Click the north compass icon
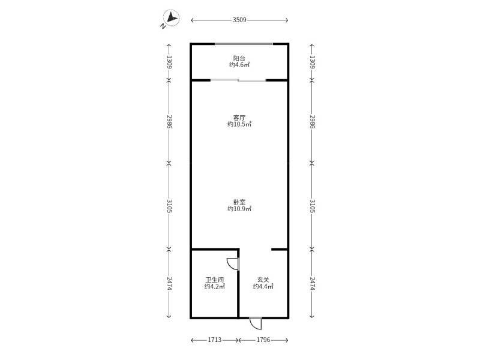pyautogui.click(x=171, y=18)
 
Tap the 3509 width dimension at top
pyautogui.click(x=239, y=20)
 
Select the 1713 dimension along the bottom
pyautogui.click(x=215, y=340)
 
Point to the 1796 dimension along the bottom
pyautogui.click(x=263, y=340)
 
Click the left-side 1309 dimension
pyautogui.click(x=169, y=62)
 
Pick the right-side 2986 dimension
pyautogui.click(x=312, y=122)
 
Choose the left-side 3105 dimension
pyautogui.click(x=169, y=206)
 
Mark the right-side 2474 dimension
pyautogui.click(x=312, y=284)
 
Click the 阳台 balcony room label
pyautogui.click(x=239, y=58)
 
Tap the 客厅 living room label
pyautogui.click(x=239, y=118)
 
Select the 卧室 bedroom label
pyautogui.click(x=239, y=202)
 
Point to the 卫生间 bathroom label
pyautogui.click(x=215, y=280)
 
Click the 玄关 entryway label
pyautogui.click(x=263, y=280)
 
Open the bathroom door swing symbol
pyautogui.click(x=233, y=264)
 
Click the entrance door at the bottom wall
pyautogui.click(x=256, y=323)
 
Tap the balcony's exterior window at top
pyautogui.click(x=244, y=44)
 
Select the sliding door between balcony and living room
pyautogui.click(x=238, y=80)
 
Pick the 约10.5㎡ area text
pyautogui.click(x=239, y=124)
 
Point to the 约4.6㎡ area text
pyautogui.click(x=239, y=65)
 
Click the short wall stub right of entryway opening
pyautogui.click(x=280, y=250)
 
